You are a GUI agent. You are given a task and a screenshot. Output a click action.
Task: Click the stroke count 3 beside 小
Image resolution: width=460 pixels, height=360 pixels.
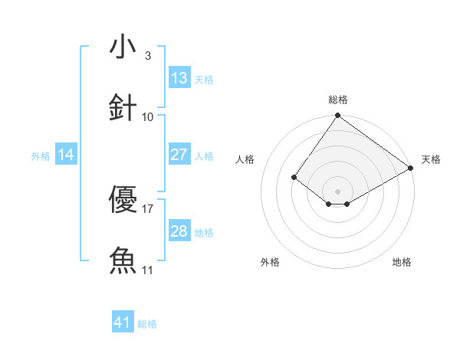point(148,56)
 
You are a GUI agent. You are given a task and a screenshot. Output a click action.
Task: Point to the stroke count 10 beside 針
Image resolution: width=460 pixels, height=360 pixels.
point(148,116)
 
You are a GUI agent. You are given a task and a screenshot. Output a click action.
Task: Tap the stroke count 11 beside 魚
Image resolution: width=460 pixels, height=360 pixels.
point(148,270)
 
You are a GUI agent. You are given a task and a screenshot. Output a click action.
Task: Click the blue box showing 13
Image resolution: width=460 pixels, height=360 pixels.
point(179,78)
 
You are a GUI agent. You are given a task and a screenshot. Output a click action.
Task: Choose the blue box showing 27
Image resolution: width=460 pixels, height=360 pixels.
point(179,155)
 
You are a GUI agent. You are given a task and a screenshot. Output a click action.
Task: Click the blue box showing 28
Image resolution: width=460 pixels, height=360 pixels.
point(179,231)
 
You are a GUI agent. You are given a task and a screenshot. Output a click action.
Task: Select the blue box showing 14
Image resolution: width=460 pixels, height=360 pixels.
point(66,155)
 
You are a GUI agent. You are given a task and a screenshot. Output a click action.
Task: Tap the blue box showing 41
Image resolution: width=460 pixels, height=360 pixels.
point(123,322)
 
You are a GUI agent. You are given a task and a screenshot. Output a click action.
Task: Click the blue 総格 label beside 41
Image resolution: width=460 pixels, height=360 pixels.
point(147,324)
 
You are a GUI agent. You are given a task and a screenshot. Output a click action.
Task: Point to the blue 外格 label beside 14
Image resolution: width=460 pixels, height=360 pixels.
point(41,155)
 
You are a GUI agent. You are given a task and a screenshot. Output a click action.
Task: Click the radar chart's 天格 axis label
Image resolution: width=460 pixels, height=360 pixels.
point(431,159)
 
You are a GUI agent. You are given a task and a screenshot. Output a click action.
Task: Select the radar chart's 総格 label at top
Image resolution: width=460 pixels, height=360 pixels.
point(337,100)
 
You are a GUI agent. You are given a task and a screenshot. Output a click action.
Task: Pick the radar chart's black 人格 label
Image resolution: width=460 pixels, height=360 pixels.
point(245,159)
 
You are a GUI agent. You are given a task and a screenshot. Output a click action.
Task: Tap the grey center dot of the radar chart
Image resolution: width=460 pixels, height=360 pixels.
point(337,191)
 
